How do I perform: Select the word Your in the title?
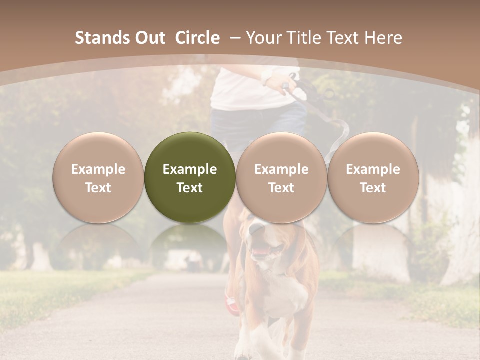click(264, 38)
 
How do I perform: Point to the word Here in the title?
click(383, 38)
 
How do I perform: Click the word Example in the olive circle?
click(190, 169)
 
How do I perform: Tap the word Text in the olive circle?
click(190, 188)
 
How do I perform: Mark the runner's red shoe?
click(231, 302)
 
